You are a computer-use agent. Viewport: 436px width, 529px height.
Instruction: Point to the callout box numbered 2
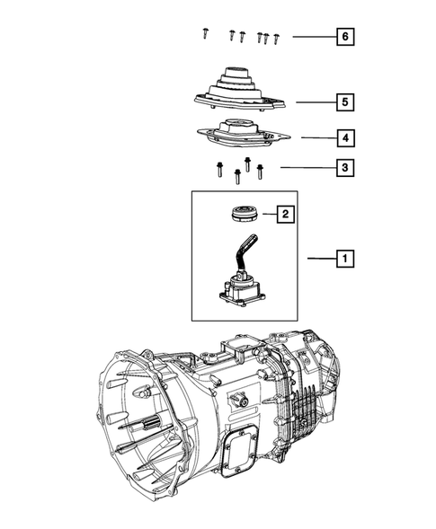pos(284,239)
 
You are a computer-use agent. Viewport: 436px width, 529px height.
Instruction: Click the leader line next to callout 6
pos(311,37)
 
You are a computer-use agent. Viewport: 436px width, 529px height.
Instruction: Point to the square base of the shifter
pos(238,296)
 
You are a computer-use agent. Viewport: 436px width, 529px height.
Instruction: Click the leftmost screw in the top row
pos(205,35)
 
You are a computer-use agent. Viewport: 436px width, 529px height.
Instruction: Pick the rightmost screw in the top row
pos(276,38)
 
